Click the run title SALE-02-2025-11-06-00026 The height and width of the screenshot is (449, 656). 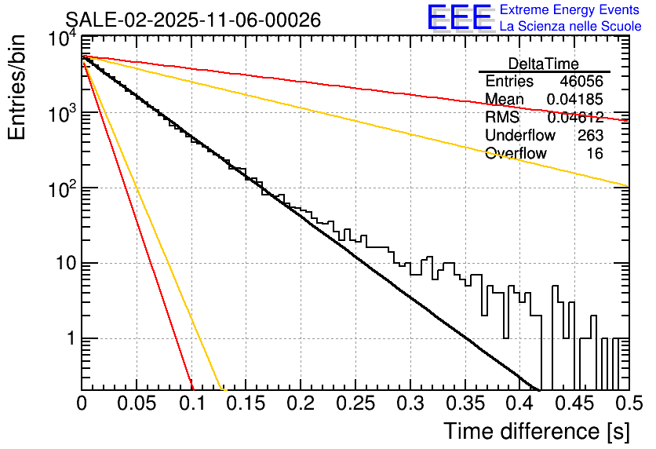[193, 20]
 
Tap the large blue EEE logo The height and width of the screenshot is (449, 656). [459, 17]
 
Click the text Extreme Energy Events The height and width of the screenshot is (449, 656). [570, 10]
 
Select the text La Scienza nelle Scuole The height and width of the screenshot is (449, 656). [570, 27]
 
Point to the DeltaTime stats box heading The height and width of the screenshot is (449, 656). [544, 64]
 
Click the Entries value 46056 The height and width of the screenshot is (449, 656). [581, 82]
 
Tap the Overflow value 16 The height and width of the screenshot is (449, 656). [595, 154]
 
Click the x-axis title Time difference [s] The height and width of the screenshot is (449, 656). [536, 431]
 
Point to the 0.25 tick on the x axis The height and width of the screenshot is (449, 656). [355, 403]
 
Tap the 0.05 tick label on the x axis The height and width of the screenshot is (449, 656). [137, 403]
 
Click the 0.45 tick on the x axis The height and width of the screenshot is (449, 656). [574, 403]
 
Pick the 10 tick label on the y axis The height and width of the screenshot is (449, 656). [63, 264]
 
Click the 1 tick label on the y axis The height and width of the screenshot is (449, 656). [69, 339]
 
